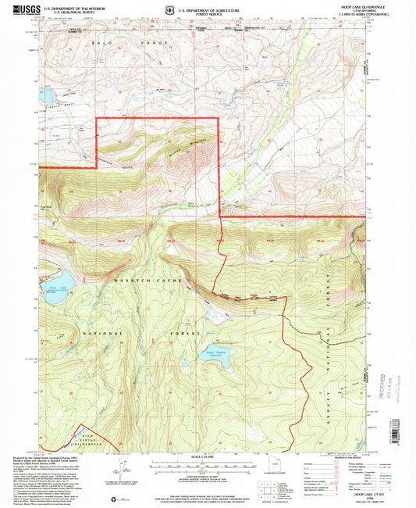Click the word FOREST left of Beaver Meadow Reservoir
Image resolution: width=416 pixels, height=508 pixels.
[x=173, y=334]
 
